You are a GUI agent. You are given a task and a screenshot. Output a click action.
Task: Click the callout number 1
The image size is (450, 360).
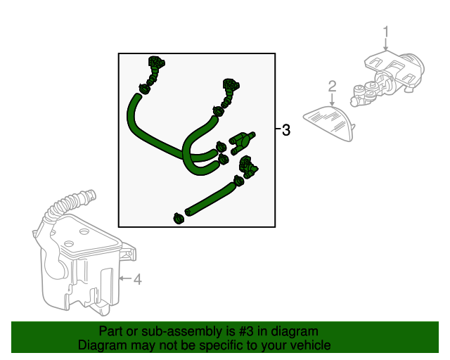click(386, 32)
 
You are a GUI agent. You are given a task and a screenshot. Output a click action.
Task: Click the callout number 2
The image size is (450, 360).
click(332, 86)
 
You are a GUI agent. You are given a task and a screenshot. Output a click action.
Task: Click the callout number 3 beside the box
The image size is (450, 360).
click(286, 130)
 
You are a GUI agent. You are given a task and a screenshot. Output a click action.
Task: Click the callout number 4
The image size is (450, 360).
click(138, 279)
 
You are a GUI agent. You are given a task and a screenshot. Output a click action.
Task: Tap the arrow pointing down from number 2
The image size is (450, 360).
click(332, 99)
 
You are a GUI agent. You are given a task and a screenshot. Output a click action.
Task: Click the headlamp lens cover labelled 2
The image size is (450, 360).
click(329, 122)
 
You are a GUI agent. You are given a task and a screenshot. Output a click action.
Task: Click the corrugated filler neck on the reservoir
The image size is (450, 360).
click(72, 202)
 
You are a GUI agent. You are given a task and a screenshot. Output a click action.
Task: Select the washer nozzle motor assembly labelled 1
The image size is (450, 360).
click(387, 77)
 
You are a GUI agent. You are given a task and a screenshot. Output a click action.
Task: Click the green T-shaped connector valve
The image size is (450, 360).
click(241, 142)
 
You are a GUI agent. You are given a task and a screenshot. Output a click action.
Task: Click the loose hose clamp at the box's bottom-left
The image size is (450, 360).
click(179, 219)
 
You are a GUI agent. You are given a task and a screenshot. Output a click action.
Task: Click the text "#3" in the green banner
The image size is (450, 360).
click(246, 332)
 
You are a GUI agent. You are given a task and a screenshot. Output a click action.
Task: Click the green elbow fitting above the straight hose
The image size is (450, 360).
click(248, 166)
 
